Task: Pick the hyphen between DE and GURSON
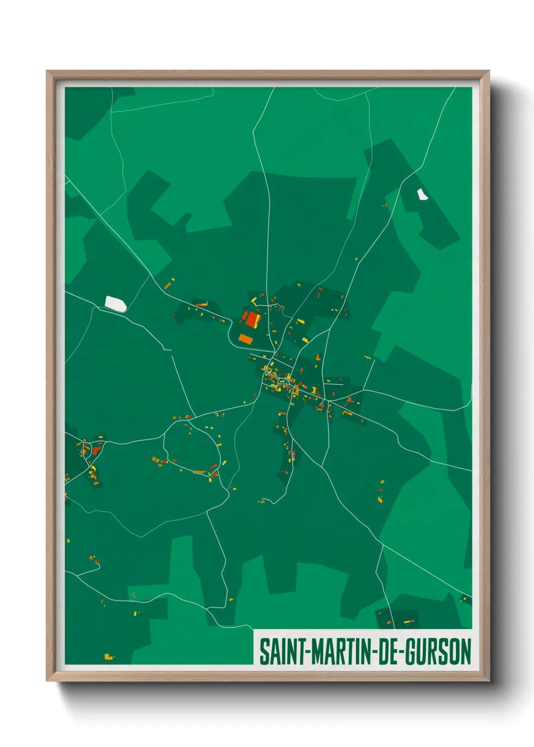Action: coord(401,653)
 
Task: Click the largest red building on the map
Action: coord(252,319)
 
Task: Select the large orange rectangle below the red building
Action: coord(245,339)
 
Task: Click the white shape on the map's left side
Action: coord(116,304)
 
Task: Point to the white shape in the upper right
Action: coord(422,194)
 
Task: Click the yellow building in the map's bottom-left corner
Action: coord(108,657)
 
